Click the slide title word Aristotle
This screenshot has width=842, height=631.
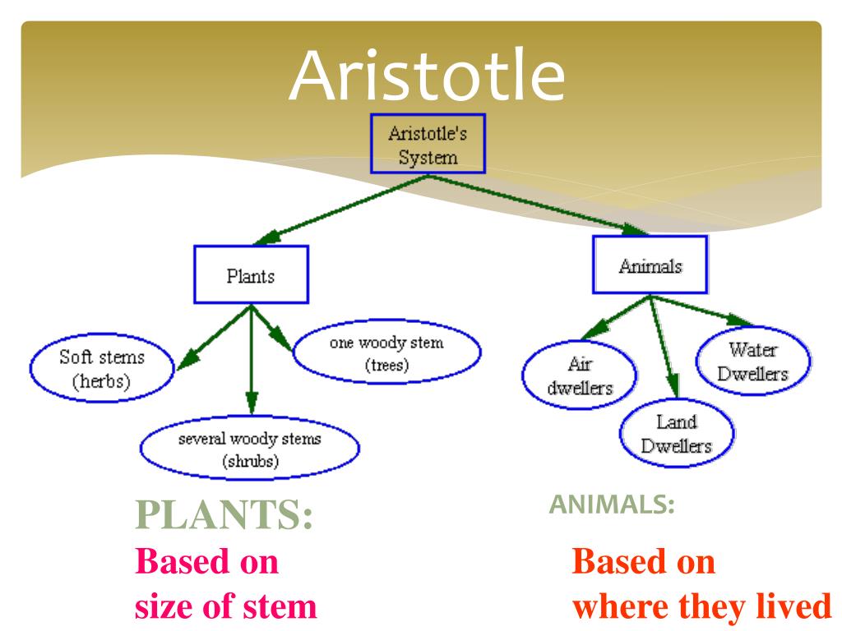(427, 76)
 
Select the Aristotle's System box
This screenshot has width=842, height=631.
(428, 144)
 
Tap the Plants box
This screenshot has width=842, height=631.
(251, 275)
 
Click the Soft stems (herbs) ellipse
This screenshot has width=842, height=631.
(102, 370)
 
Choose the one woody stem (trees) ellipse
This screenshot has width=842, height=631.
(386, 354)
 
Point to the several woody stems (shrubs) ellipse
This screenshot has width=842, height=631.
(250, 449)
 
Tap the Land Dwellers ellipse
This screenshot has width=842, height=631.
(677, 434)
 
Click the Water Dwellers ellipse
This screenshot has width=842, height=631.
(752, 362)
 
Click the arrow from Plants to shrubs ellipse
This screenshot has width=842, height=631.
(252, 362)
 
